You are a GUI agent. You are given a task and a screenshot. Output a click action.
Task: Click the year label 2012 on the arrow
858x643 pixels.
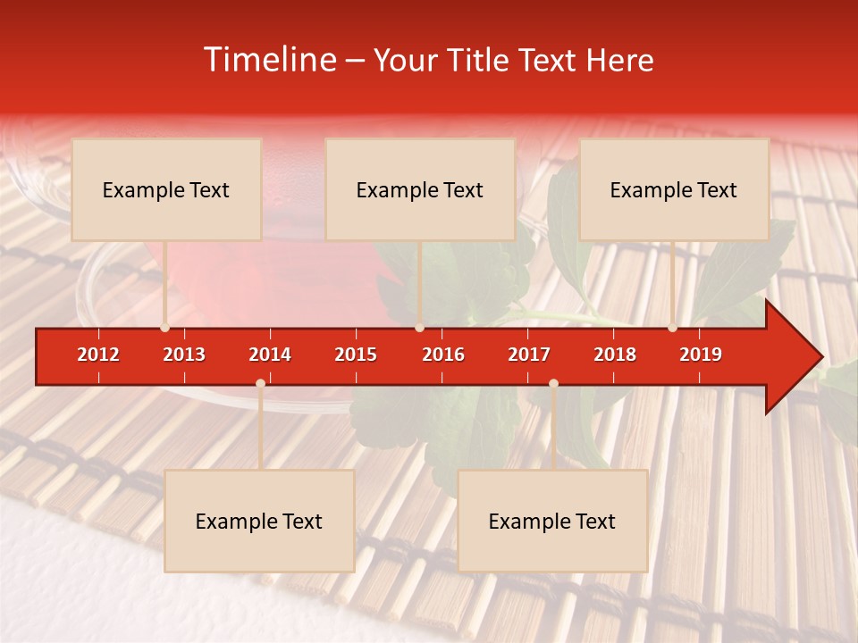[x=98, y=355]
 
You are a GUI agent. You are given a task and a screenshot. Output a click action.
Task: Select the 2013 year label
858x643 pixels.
[x=184, y=355]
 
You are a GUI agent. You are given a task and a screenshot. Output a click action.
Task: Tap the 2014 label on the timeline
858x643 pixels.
[x=270, y=355]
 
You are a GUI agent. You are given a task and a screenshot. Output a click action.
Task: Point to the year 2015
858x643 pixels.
[x=356, y=355]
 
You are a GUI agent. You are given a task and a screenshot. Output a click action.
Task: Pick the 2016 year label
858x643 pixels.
[x=443, y=355]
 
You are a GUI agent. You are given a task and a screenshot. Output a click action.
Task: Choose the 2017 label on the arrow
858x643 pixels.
[x=529, y=355]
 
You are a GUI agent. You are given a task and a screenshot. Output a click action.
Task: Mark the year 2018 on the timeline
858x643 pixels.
[x=615, y=355]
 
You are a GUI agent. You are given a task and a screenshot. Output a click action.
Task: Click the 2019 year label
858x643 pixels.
[x=701, y=355]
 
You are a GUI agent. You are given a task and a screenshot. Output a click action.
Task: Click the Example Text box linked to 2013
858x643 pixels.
[x=166, y=189]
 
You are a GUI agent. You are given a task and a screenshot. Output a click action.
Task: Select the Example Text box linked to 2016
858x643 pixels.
[x=420, y=189]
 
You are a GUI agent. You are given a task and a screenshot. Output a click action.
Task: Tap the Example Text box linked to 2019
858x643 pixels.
[x=674, y=189]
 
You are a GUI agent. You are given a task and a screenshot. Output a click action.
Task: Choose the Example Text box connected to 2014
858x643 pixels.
[x=259, y=521]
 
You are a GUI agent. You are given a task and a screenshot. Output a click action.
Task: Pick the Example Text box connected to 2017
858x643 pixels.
[x=552, y=521]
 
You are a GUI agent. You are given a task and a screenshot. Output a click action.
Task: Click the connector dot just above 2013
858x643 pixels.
[x=165, y=328]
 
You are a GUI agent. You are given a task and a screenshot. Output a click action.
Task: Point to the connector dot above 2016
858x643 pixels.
[x=419, y=328]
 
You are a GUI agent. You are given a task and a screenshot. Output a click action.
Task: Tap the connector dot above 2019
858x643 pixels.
[x=673, y=328]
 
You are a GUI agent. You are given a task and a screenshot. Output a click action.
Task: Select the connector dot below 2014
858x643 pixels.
[x=260, y=383]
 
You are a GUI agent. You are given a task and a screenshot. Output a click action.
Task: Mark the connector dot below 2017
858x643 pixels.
[x=553, y=383]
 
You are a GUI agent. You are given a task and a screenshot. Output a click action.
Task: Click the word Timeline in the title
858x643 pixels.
[x=269, y=60]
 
